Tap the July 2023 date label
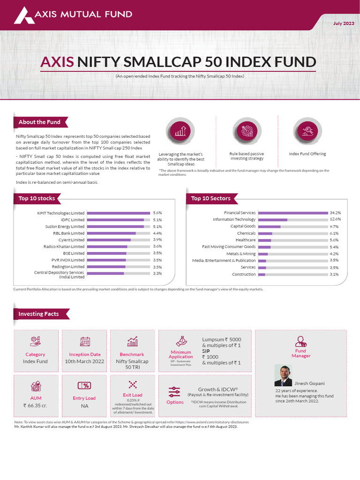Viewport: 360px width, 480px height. click(x=344, y=23)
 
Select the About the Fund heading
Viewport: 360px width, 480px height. click(x=39, y=122)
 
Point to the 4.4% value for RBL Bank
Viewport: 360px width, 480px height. click(x=157, y=233)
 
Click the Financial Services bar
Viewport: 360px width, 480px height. click(x=292, y=213)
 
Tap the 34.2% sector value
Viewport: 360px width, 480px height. click(x=335, y=213)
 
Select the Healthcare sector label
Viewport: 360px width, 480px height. click(x=246, y=240)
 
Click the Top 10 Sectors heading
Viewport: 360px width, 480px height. click(x=211, y=199)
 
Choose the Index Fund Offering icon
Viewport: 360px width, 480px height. click(x=307, y=131)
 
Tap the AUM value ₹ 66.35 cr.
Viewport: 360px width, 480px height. click(x=35, y=405)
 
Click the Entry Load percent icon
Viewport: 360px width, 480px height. click(x=84, y=385)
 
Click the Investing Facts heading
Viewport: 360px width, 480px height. click(x=38, y=314)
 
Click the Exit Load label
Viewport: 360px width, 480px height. click(x=133, y=395)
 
